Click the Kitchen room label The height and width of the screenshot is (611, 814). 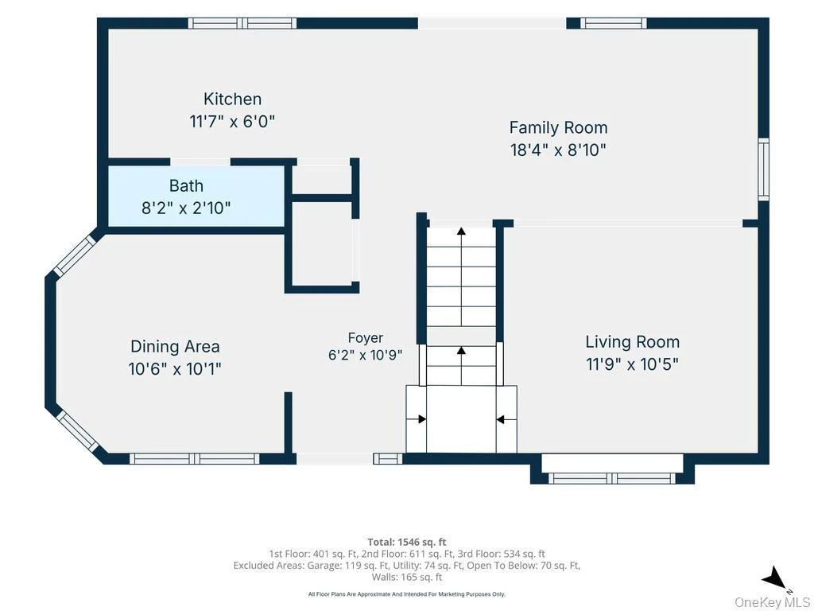tap(232, 99)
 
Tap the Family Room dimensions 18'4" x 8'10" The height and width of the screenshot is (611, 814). tap(558, 150)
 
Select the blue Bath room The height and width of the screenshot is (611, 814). tap(196, 197)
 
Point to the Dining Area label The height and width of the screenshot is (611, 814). tap(175, 347)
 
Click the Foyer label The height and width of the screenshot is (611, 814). tap(366, 337)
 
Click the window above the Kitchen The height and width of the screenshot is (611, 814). tap(242, 23)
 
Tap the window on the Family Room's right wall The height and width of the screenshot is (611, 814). tap(763, 169)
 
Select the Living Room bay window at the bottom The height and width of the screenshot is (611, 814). tap(612, 478)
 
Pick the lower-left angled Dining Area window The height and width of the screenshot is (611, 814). tap(77, 431)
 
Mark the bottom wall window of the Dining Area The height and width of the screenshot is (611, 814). tap(194, 459)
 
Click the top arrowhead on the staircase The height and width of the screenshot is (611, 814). tap(461, 232)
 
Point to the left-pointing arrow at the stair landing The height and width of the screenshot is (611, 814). tap(506, 419)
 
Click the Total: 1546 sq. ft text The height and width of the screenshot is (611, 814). tap(407, 543)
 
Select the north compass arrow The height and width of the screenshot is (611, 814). tap(775, 578)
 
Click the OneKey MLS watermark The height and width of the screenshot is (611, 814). tap(772, 602)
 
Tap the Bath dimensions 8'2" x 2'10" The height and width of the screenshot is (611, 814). tap(186, 208)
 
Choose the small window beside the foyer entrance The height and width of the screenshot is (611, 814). tap(388, 459)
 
